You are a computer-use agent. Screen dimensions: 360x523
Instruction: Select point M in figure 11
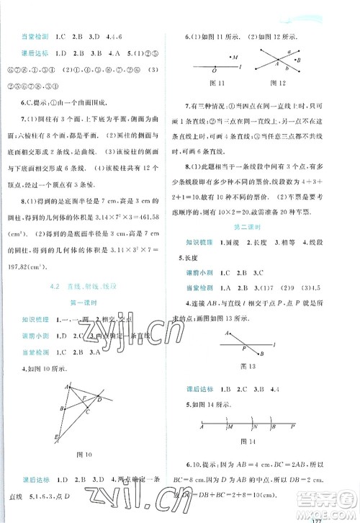click(x=235, y=57)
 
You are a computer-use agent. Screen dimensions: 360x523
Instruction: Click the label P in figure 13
click(x=241, y=349)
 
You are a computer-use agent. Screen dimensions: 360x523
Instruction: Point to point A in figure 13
click(x=227, y=332)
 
